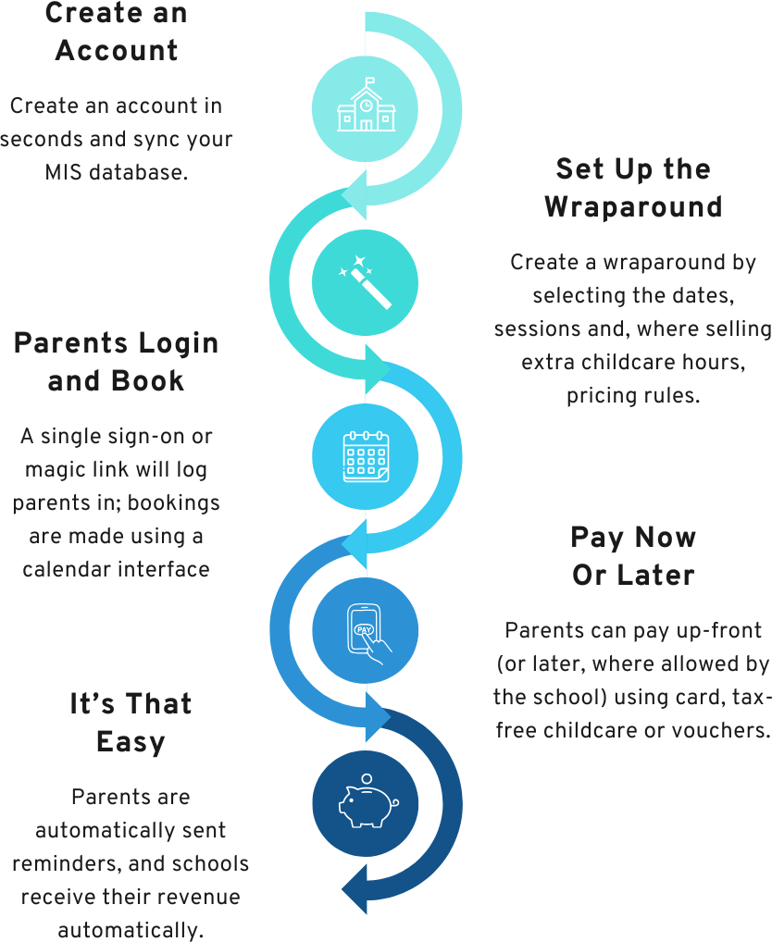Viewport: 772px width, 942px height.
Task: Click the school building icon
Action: point(366,110)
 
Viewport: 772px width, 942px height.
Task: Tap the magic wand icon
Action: point(365,281)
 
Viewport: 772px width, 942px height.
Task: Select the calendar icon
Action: point(366,455)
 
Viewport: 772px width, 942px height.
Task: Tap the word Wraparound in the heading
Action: point(633,206)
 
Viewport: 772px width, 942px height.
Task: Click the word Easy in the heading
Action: point(131,741)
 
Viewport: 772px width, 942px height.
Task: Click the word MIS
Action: point(65,172)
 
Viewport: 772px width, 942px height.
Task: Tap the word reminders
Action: point(59,863)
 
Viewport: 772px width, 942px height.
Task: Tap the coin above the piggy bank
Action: point(367,778)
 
